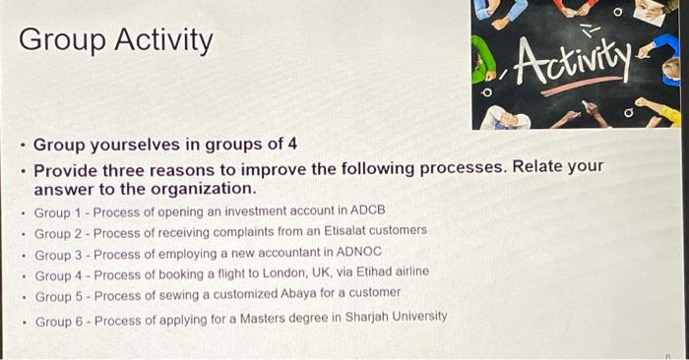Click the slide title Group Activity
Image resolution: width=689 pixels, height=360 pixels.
(115, 41)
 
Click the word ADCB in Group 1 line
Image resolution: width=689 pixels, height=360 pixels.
(367, 211)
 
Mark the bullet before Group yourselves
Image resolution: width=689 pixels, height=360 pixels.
(21, 147)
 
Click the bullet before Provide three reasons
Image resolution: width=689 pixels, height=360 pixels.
(21, 169)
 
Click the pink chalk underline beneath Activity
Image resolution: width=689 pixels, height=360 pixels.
(581, 86)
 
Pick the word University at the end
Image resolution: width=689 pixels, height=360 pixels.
(414, 317)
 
